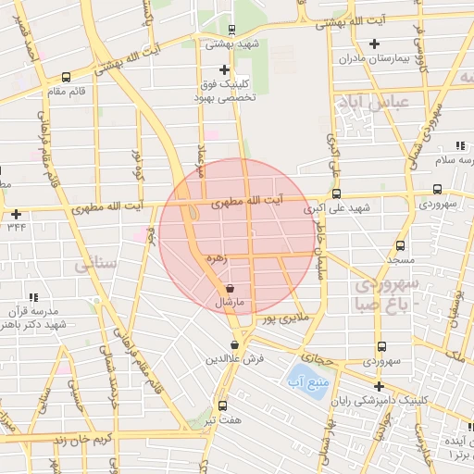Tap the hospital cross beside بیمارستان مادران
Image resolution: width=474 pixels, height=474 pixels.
tap(375, 44)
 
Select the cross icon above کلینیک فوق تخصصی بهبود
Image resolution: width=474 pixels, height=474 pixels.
tap(224, 69)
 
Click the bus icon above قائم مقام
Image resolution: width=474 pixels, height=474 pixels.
tap(66, 77)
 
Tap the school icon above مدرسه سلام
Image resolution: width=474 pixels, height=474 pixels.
tap(460, 146)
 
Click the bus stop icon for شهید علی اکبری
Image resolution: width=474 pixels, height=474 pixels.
tap(335, 194)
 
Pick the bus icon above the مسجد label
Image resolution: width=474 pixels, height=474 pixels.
tap(400, 246)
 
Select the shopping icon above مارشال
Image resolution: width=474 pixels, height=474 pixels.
tap(229, 290)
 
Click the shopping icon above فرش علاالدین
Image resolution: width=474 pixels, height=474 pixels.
tap(234, 344)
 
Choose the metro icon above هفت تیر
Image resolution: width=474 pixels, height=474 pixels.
tap(222, 405)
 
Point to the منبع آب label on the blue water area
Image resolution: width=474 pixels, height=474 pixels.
tap(299, 380)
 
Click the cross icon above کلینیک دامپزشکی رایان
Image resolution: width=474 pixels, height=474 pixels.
tap(378, 386)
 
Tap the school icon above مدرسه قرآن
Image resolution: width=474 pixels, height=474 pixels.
tap(33, 297)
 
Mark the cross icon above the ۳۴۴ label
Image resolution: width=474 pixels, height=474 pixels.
tap(16, 214)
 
